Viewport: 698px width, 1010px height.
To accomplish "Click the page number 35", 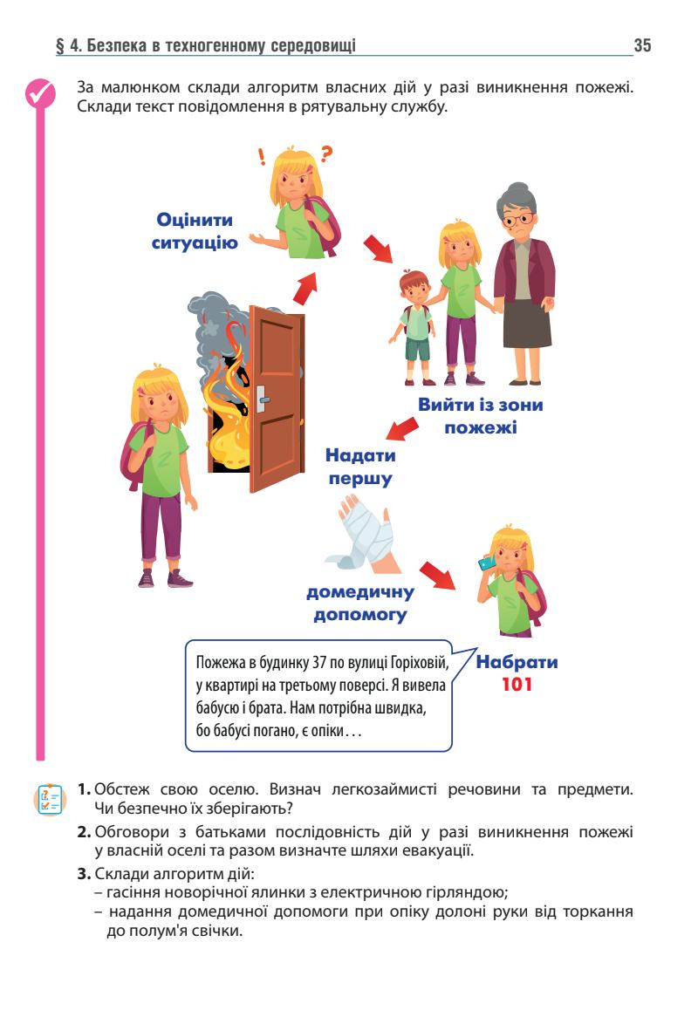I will [642, 45].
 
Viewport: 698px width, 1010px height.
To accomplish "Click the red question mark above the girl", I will [327, 156].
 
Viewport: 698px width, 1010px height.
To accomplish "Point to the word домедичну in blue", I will [360, 594].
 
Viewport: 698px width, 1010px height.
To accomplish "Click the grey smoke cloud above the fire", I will [214, 323].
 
